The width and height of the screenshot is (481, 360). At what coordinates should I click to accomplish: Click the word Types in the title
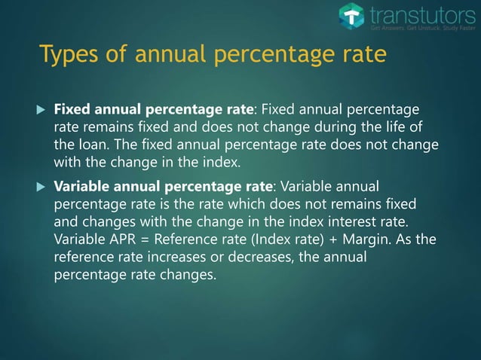[66, 56]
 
